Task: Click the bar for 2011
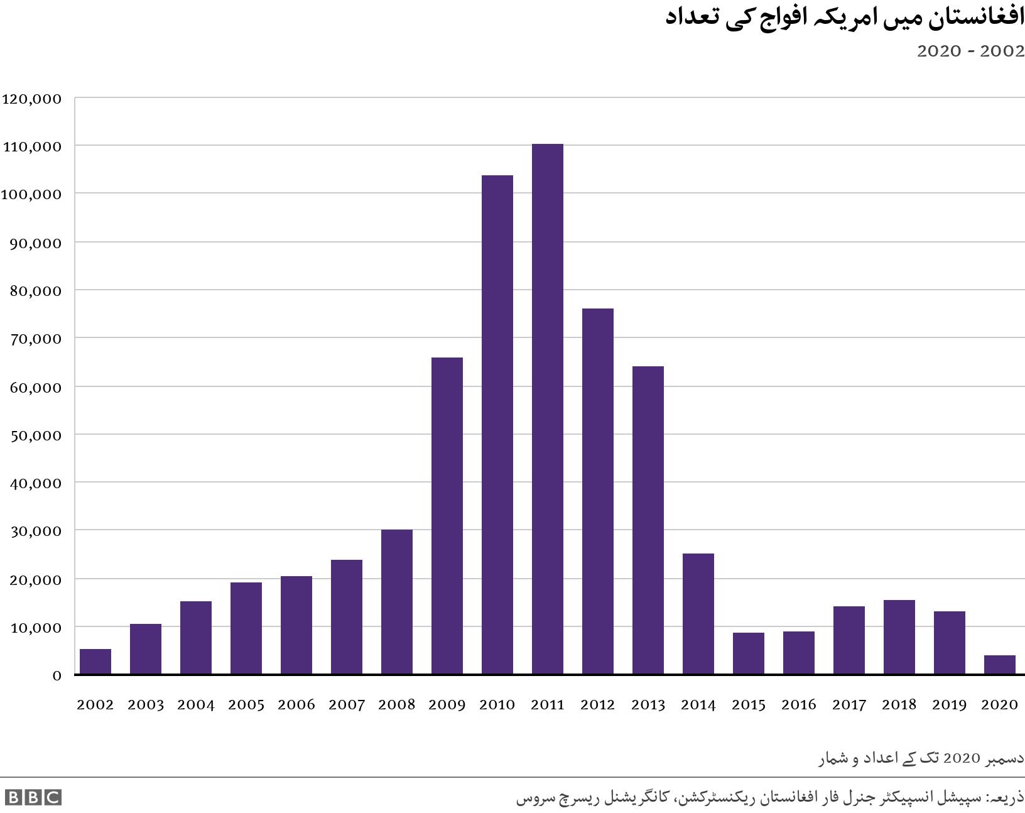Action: (x=547, y=409)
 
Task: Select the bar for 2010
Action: (x=497, y=425)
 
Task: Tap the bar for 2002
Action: (x=95, y=662)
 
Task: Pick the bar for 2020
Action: (x=999, y=665)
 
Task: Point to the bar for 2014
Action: (x=698, y=614)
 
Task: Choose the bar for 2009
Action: (x=447, y=516)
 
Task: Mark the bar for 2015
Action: (x=748, y=653)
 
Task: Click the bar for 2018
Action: (x=899, y=637)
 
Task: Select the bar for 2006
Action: (x=296, y=625)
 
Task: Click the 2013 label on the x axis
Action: (x=648, y=705)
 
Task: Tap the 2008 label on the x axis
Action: (x=396, y=705)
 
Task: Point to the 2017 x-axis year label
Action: (x=849, y=705)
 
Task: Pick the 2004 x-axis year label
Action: (x=195, y=705)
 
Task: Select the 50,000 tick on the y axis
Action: (x=36, y=435)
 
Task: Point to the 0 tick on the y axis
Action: (x=57, y=676)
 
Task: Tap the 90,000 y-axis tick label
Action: (x=36, y=243)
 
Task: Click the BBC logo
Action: (x=33, y=797)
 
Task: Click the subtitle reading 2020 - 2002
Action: (x=970, y=52)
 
